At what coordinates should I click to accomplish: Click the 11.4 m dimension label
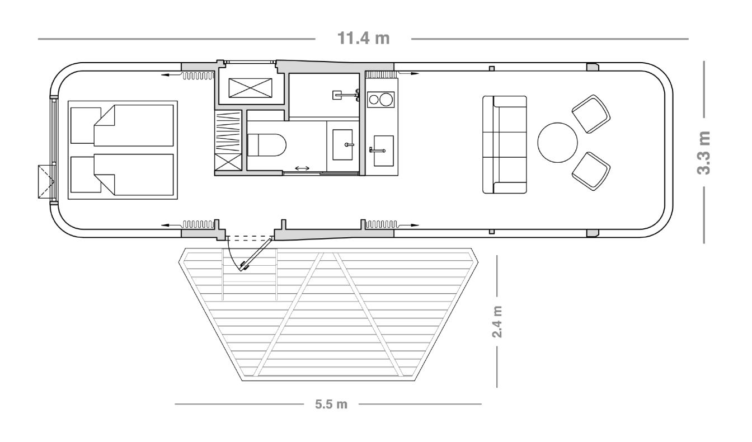(x=363, y=39)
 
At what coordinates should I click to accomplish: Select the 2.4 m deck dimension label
(x=497, y=321)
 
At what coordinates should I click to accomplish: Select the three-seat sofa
(x=505, y=145)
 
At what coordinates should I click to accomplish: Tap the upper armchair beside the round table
(x=590, y=114)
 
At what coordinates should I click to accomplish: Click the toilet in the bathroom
(x=266, y=145)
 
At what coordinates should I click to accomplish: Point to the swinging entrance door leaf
(x=256, y=253)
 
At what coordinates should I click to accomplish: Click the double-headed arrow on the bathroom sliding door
(x=303, y=167)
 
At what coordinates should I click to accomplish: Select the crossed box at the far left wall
(x=44, y=181)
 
